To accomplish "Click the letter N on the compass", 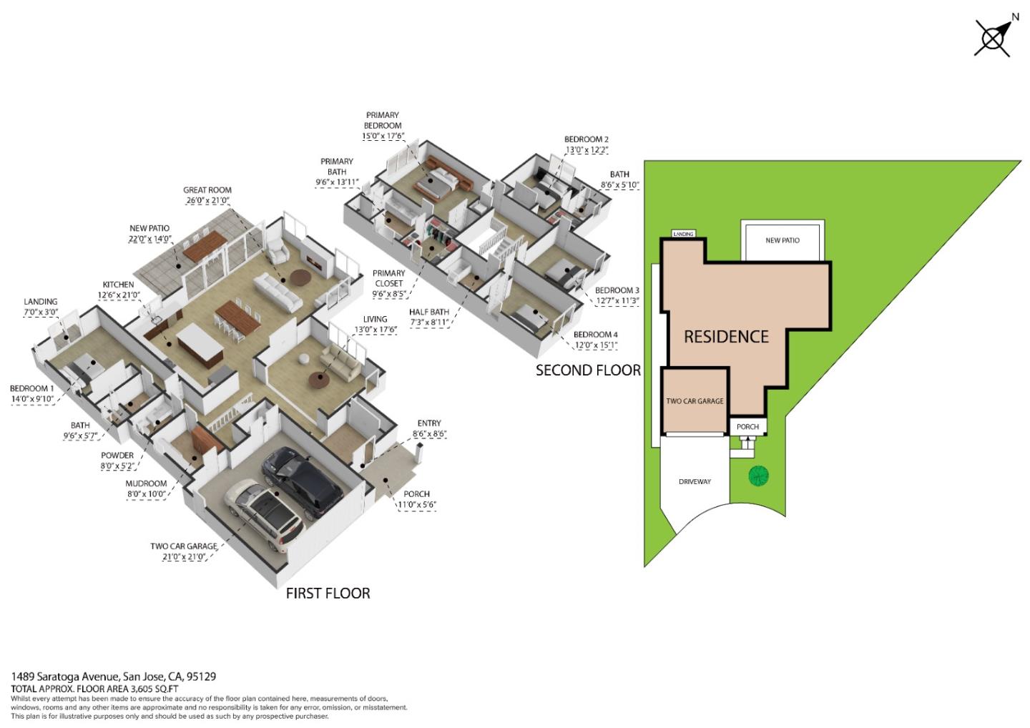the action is pos(1015,17).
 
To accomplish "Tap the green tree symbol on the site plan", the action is pos(758,476).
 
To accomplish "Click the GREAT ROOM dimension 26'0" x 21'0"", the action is pos(207,200).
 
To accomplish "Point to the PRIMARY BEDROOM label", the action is pos(383,120).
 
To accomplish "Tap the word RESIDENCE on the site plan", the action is pos(726,337).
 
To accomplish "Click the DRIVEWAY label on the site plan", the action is pos(695,482).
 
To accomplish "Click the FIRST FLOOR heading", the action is pos(328,594).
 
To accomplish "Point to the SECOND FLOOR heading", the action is pos(588,370).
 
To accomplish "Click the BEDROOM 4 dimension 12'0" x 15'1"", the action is pos(596,345).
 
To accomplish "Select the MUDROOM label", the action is pos(146,483).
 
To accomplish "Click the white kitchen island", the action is pos(200,346).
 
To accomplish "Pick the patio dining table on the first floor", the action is pos(205,245).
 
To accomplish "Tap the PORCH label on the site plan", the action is pos(747,427).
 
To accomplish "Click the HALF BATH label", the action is pos(429,312).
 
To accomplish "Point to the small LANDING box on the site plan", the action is pos(683,234).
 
